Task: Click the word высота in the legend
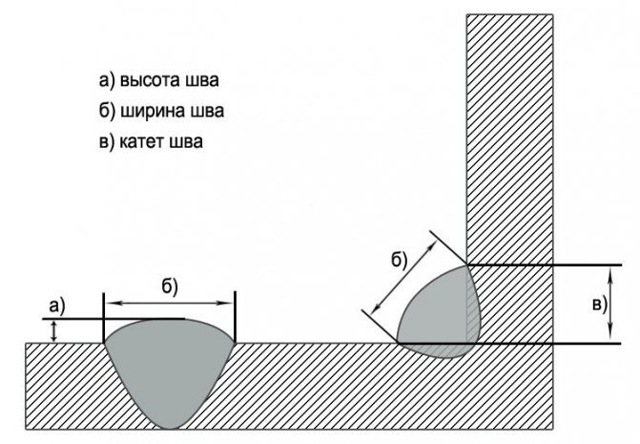150,80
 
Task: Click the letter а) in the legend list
107,80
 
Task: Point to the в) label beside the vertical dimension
600,305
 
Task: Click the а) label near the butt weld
56,307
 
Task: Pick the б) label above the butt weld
170,286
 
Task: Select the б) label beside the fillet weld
400,260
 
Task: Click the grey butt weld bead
170,368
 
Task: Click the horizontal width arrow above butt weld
170,303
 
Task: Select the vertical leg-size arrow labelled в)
610,305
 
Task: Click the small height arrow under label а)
53,331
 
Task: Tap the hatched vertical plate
510,138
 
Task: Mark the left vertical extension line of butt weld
104,317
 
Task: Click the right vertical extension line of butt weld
235,317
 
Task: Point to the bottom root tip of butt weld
170,429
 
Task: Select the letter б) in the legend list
108,112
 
